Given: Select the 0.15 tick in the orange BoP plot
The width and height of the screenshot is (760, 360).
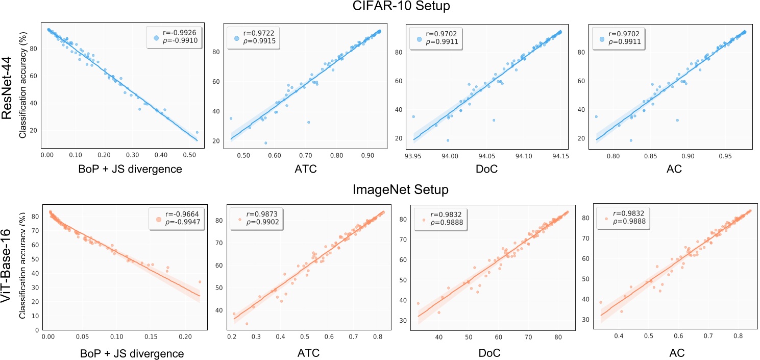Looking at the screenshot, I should tap(151, 338).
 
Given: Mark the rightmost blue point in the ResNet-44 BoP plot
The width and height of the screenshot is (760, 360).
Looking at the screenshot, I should tap(197, 132).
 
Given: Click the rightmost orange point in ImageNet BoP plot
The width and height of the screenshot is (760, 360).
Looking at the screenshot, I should tap(200, 282).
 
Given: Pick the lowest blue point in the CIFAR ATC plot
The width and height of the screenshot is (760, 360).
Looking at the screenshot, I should tap(265, 143).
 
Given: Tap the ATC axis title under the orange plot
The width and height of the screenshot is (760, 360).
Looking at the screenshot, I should tap(304, 352).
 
